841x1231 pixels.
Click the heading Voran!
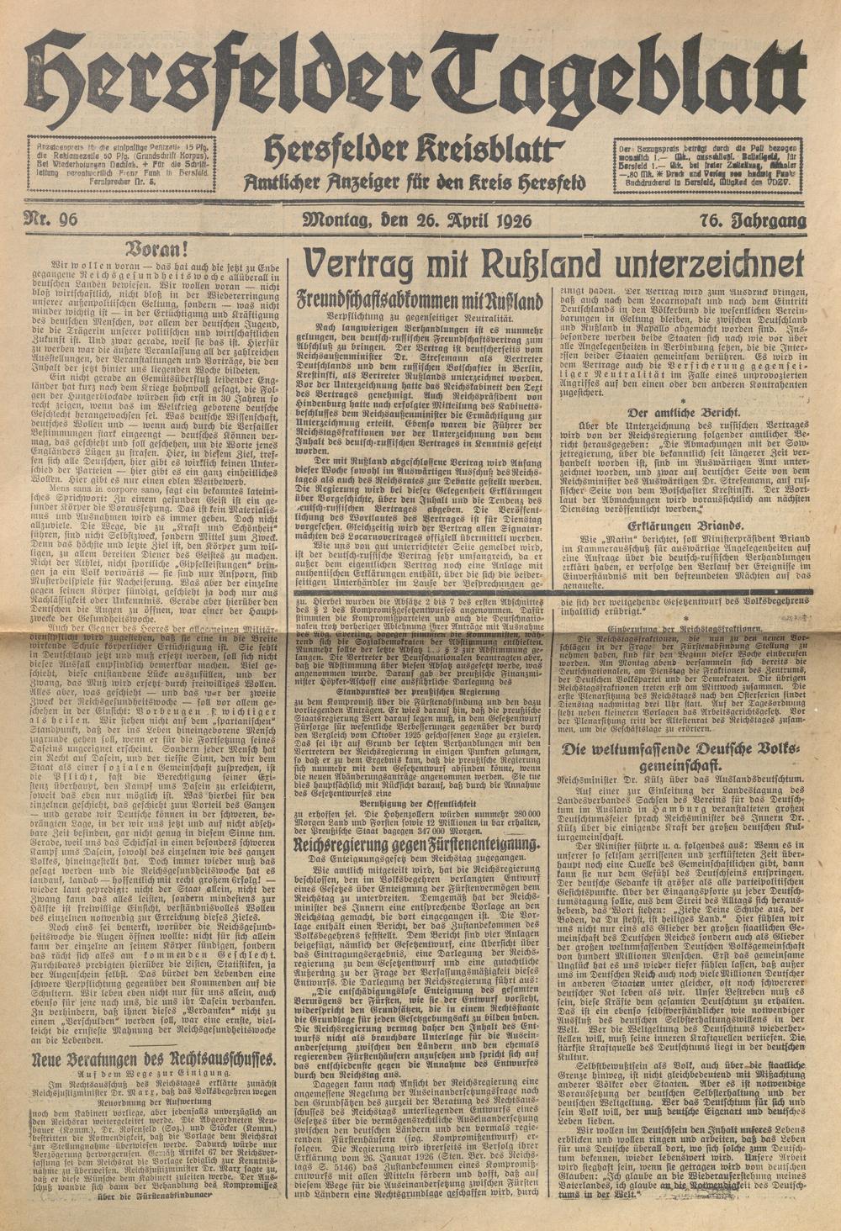pyautogui.click(x=148, y=249)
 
